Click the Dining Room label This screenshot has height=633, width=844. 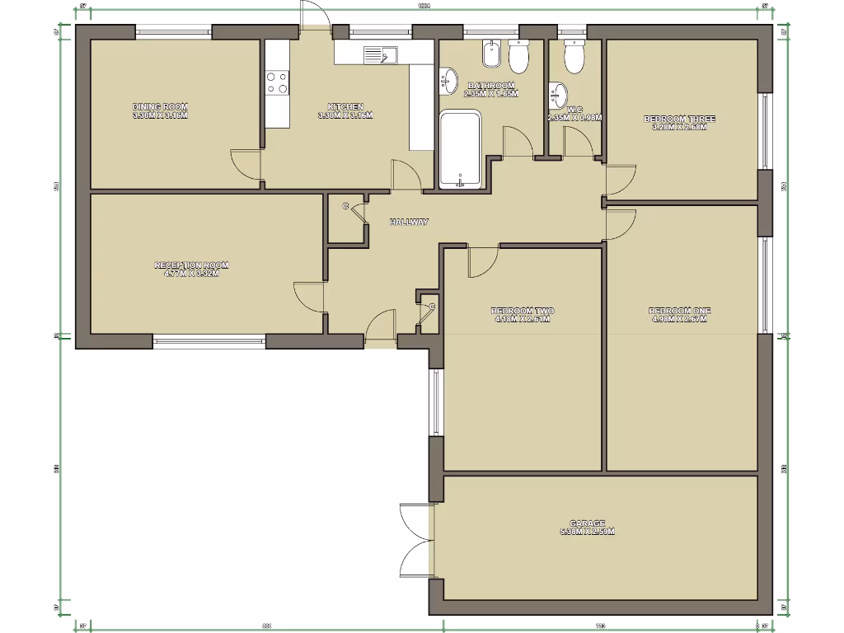click(x=160, y=106)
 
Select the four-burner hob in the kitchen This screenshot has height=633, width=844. click(x=277, y=82)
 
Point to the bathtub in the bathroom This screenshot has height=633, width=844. click(x=460, y=150)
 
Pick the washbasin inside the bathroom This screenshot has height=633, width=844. click(x=450, y=80)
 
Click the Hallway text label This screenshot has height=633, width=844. click(x=410, y=223)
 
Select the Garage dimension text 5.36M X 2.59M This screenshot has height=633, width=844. click(x=588, y=532)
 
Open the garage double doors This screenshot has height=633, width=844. click(x=415, y=544)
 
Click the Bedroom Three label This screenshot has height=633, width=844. click(x=679, y=120)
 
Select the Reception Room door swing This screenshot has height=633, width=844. click(x=310, y=296)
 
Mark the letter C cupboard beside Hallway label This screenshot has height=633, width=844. click(x=345, y=205)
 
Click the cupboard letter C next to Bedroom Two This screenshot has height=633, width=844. click(x=431, y=307)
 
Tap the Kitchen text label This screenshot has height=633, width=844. click(x=345, y=106)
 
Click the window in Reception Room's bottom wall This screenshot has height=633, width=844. click(x=209, y=340)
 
